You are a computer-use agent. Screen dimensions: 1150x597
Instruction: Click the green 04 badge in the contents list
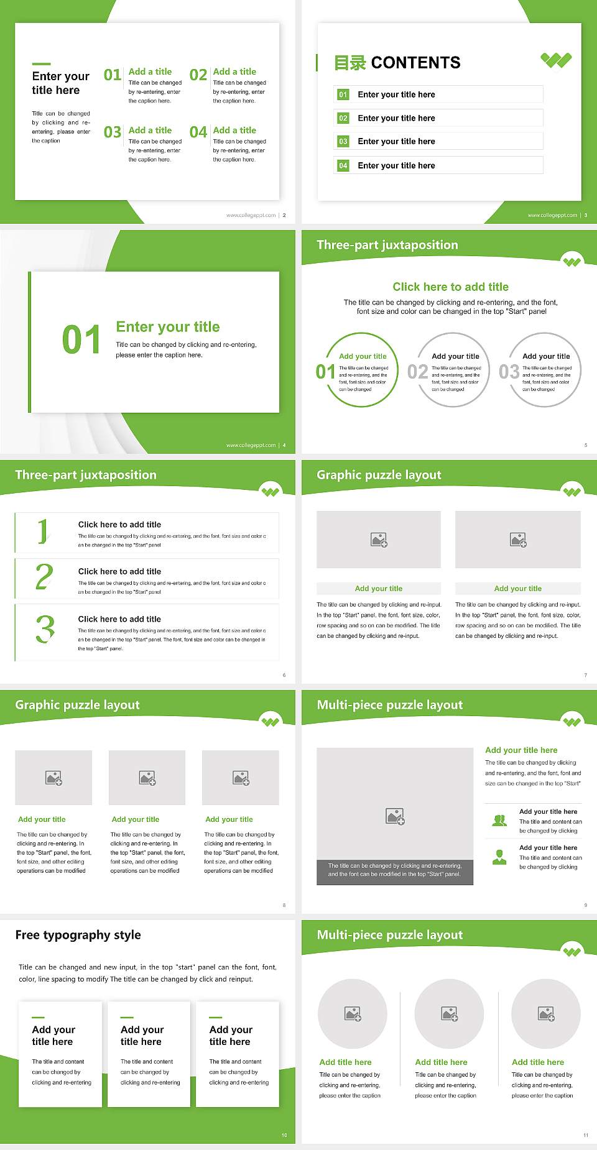pos(343,165)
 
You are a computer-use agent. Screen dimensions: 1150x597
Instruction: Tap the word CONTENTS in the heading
pos(415,63)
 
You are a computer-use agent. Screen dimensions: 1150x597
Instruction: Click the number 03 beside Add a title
pos(113,132)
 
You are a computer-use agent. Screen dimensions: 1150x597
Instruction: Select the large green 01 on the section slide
pos(81,340)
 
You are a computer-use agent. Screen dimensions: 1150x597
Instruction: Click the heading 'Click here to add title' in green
pos(450,287)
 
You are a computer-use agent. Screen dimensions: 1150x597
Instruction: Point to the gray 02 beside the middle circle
pos(417,372)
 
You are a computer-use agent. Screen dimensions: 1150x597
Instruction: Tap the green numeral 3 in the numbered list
pos(45,629)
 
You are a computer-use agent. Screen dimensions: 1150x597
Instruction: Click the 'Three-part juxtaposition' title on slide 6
pos(86,475)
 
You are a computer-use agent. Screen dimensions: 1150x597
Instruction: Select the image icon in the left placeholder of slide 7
pos(379,540)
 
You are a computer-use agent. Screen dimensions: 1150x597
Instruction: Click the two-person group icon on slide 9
pos(499,821)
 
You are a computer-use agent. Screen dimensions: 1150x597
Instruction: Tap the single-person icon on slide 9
pos(499,857)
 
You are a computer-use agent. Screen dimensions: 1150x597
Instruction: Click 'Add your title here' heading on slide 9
pos(521,750)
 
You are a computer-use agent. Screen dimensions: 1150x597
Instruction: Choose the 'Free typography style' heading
pos(78,935)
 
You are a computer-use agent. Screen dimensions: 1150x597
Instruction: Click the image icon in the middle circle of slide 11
pos(450,1014)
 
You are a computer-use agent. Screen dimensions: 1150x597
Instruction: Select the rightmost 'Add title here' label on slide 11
pos(538,1062)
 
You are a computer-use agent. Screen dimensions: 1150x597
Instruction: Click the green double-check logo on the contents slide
pos(556,60)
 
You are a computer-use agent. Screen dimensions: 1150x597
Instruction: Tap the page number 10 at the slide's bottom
pos(284,1135)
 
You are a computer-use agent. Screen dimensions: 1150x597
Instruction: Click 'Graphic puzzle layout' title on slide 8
pos(77,705)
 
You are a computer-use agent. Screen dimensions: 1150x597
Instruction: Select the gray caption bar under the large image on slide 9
pos(395,870)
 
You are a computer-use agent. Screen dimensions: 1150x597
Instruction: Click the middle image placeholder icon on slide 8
pos(147,778)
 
